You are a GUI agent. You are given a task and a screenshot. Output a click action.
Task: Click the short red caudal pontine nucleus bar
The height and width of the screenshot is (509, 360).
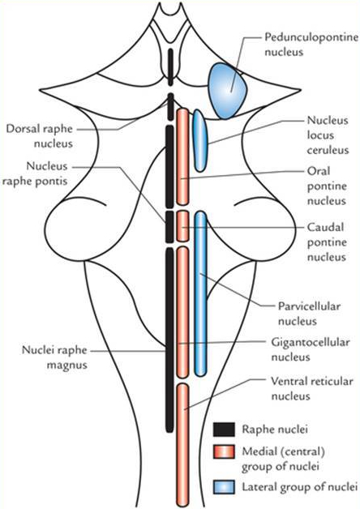[x=183, y=225]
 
